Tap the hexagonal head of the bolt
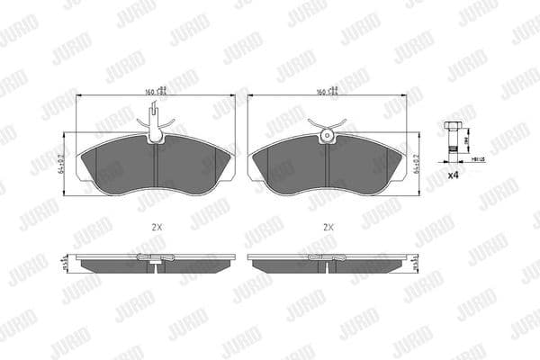pos(454,123)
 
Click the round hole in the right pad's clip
pos(327,137)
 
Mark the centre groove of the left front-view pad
pos(156,166)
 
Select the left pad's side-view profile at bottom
pos(156,265)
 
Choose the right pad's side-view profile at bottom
pos(327,265)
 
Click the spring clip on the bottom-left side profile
pos(156,260)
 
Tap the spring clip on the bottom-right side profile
pos(327,260)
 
